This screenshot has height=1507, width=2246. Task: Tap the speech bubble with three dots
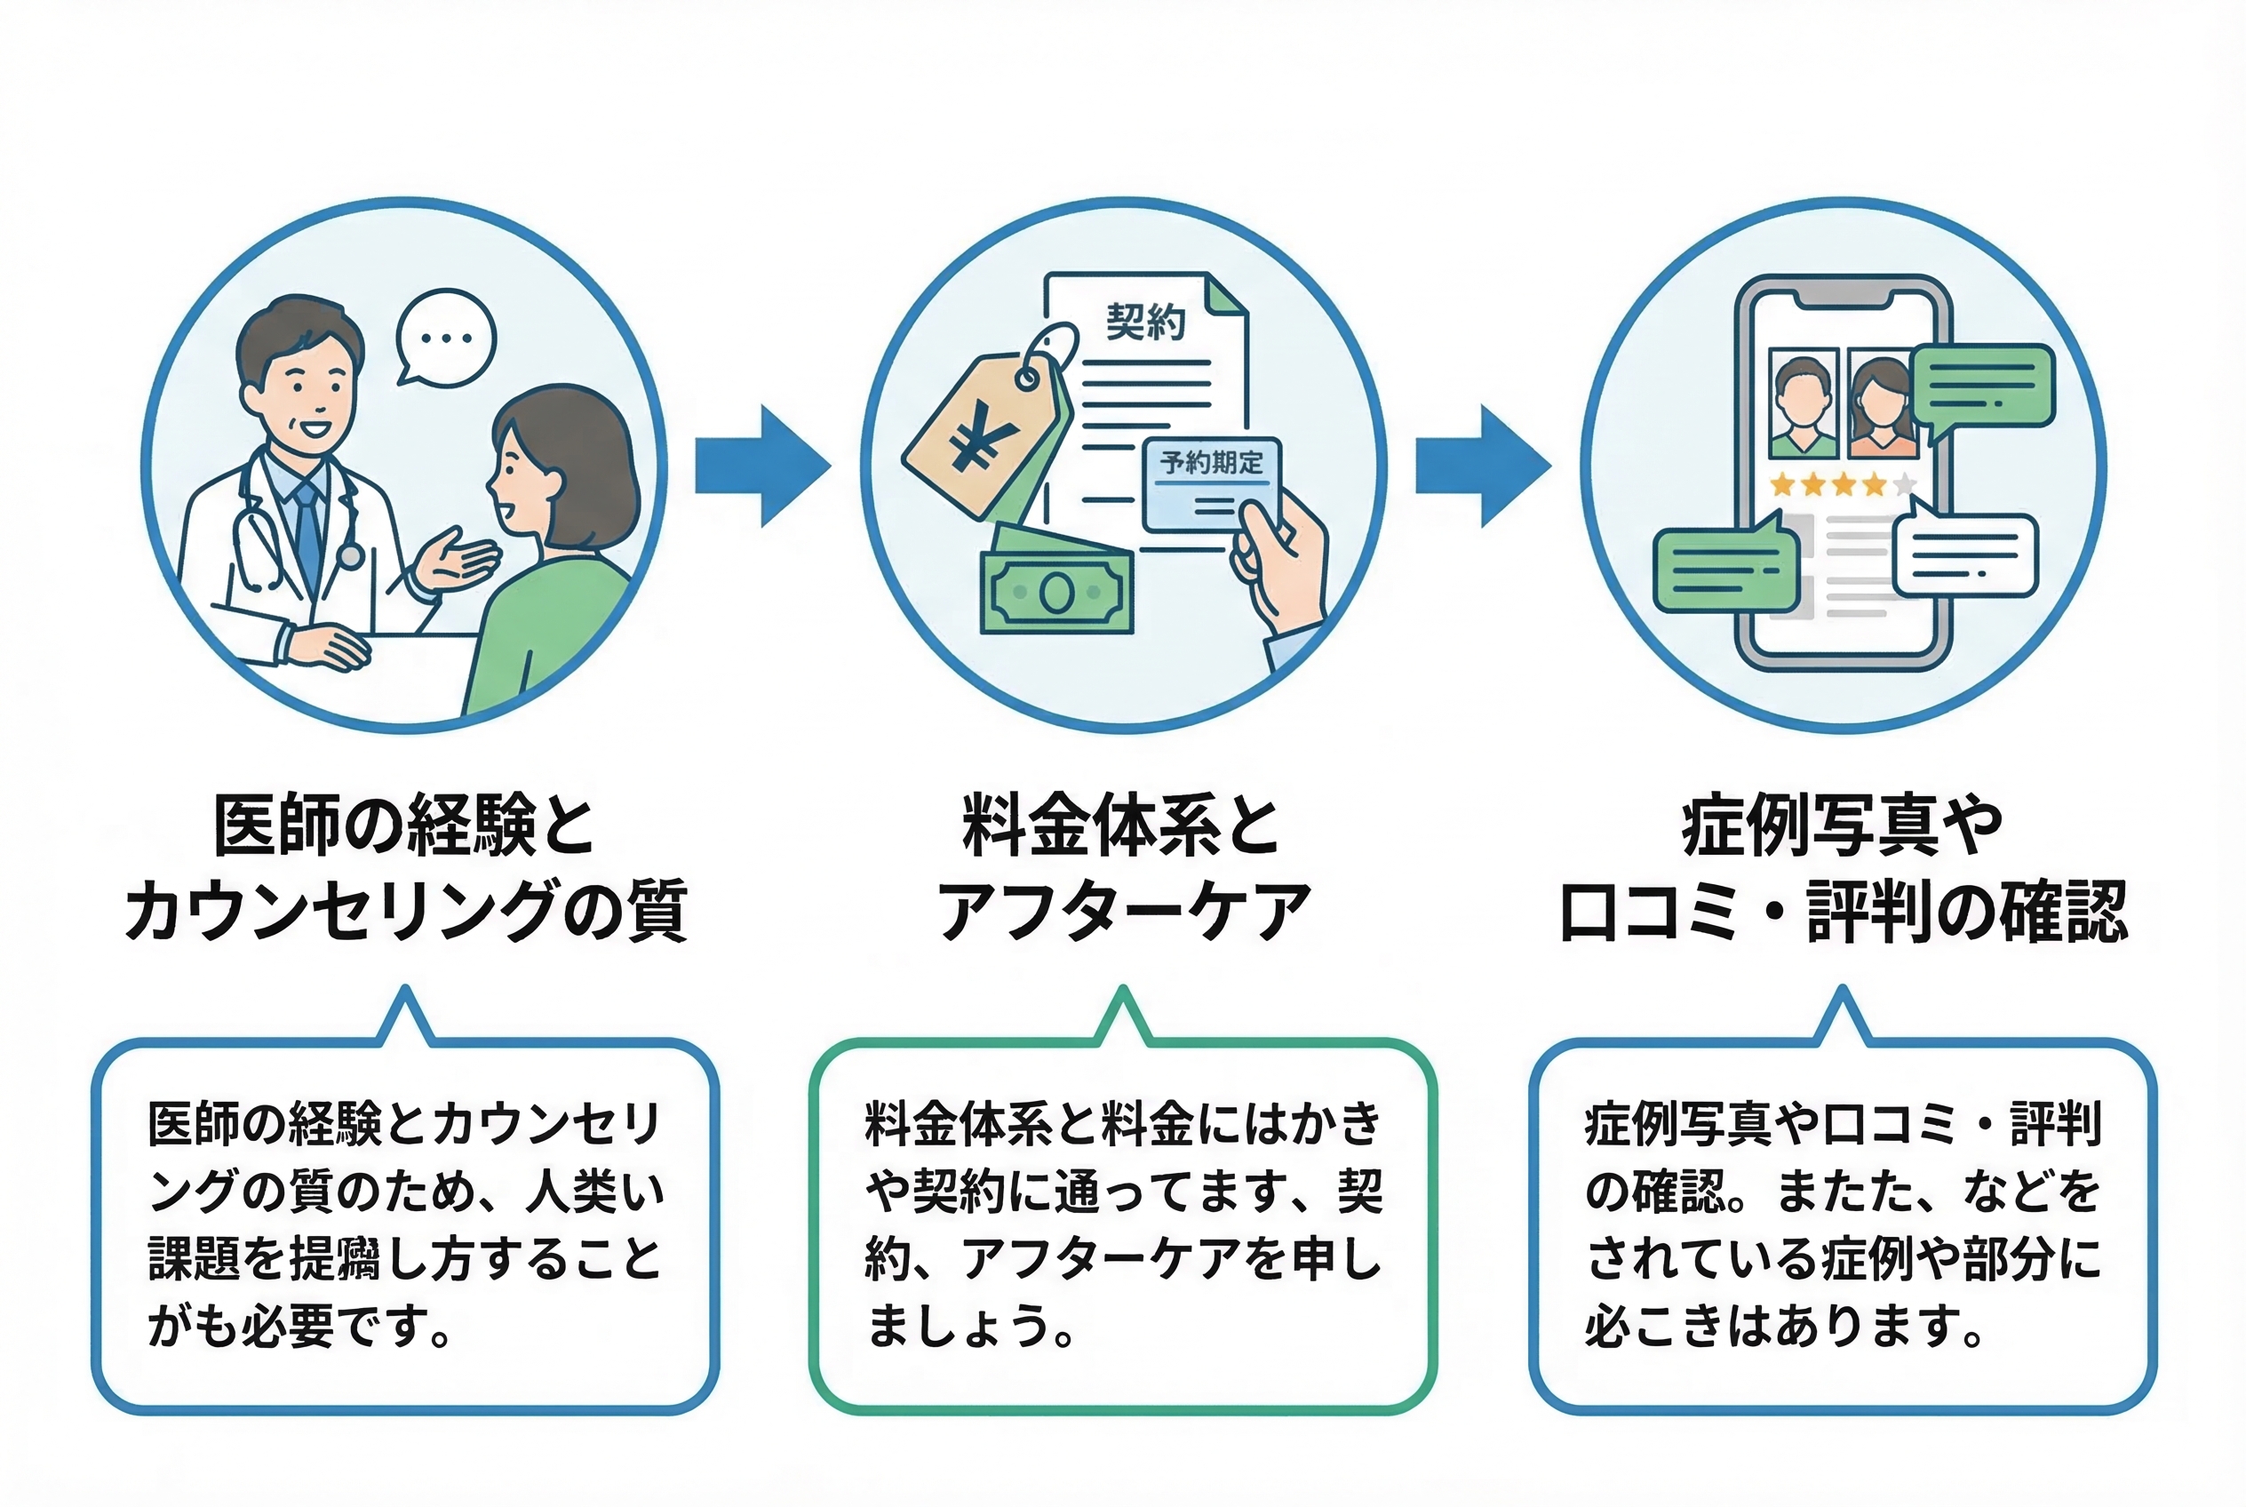coord(446,339)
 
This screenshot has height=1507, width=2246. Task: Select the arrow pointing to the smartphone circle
coord(1483,466)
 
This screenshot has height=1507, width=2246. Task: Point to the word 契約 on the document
coord(1145,322)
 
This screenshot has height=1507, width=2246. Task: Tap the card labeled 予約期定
coord(1211,483)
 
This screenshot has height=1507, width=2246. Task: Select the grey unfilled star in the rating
coord(1905,484)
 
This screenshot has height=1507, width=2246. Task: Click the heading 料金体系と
coord(1120,825)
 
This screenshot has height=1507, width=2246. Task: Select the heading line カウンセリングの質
coord(405,910)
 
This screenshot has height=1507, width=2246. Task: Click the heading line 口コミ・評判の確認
coord(1843,910)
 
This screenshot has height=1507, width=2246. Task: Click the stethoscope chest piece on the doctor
coord(350,556)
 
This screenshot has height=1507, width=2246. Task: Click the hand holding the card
coord(1283,562)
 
